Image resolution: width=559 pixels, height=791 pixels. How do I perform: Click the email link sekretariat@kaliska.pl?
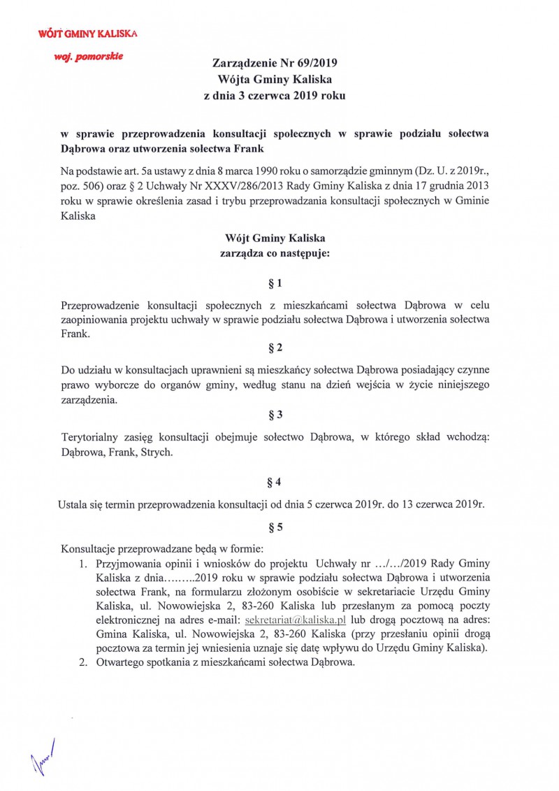pyautogui.click(x=296, y=620)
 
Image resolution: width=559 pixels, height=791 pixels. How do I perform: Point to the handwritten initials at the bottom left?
pyautogui.click(x=43, y=758)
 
